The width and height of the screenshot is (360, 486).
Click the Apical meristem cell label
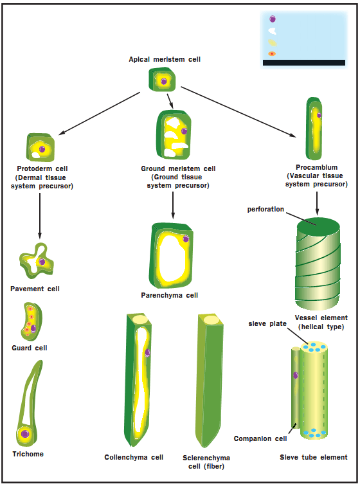165,60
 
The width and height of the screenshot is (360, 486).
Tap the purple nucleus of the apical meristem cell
164,81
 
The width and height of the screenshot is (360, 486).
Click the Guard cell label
30,348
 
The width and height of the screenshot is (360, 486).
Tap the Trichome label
27,454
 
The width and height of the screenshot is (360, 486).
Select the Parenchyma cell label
169,296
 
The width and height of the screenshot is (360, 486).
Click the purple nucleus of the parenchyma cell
186,239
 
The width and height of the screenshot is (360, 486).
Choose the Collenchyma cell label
134,458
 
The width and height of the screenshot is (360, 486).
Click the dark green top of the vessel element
317,226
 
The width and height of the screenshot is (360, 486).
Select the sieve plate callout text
267,323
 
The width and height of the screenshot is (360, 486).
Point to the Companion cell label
261,438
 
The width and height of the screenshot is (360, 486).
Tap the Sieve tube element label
314,458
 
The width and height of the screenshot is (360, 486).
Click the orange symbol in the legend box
272,54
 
